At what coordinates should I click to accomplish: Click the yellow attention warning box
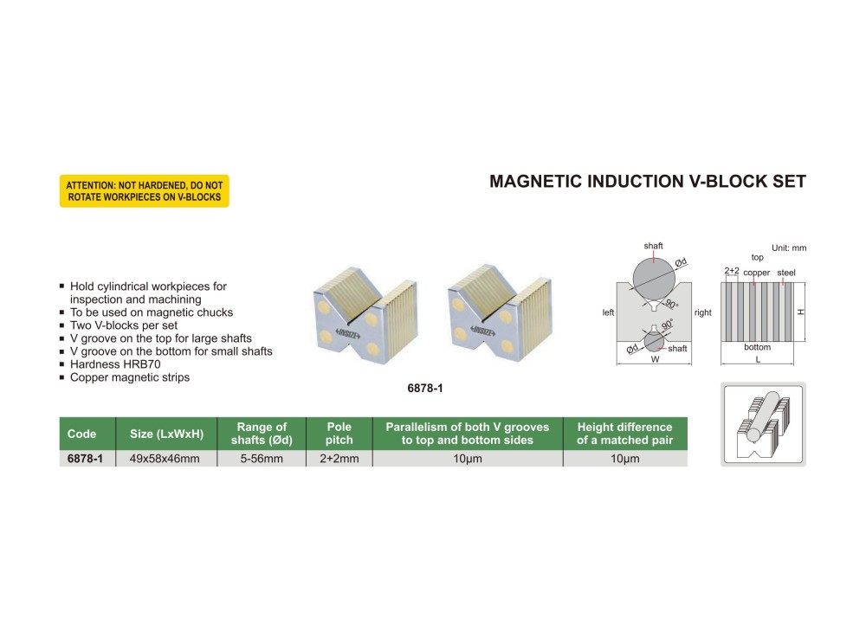(x=144, y=191)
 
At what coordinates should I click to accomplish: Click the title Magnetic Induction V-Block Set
(x=648, y=182)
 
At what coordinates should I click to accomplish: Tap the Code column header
(x=81, y=434)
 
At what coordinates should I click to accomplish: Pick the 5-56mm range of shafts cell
(x=262, y=459)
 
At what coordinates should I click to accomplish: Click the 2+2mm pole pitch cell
(x=339, y=459)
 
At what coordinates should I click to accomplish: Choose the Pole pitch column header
(x=339, y=434)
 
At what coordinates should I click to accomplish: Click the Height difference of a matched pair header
(x=624, y=434)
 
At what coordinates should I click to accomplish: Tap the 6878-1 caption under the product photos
(x=425, y=389)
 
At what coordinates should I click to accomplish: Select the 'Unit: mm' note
(x=788, y=248)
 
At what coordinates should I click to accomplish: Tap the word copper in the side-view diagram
(x=756, y=273)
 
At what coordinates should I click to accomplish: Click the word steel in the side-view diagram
(x=786, y=273)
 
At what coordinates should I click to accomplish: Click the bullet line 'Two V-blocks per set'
(x=123, y=325)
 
